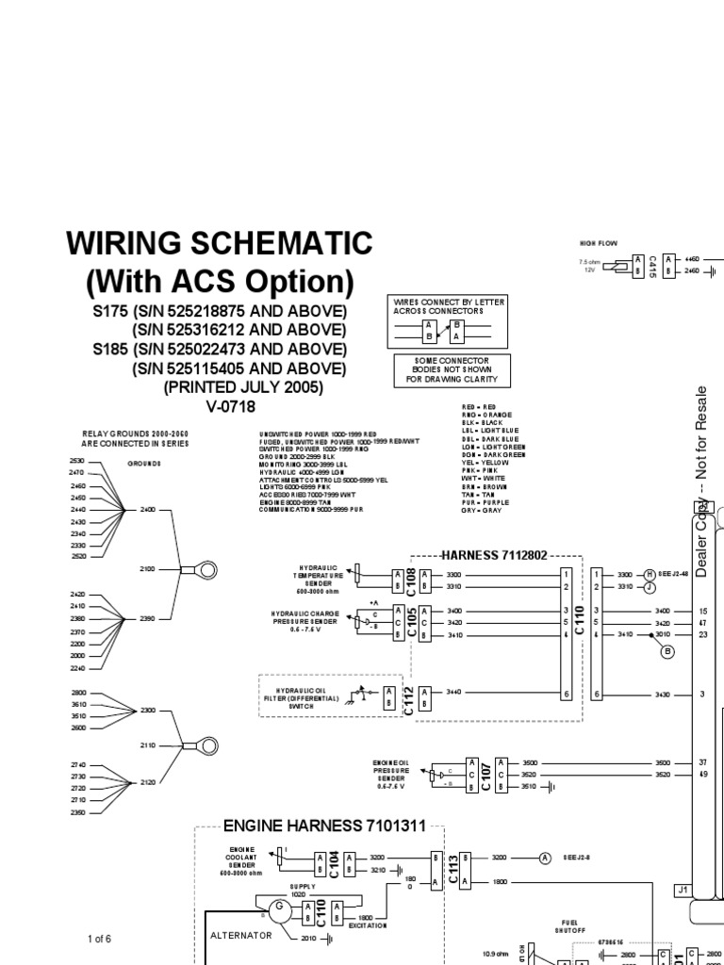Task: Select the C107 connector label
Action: [x=485, y=772]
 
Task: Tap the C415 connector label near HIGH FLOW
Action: [x=653, y=265]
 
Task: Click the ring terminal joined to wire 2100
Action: [x=202, y=568]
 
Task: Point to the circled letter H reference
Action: [x=649, y=573]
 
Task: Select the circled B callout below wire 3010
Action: [x=668, y=651]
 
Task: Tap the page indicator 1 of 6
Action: [x=99, y=940]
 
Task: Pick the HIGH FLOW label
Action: [x=599, y=243]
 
